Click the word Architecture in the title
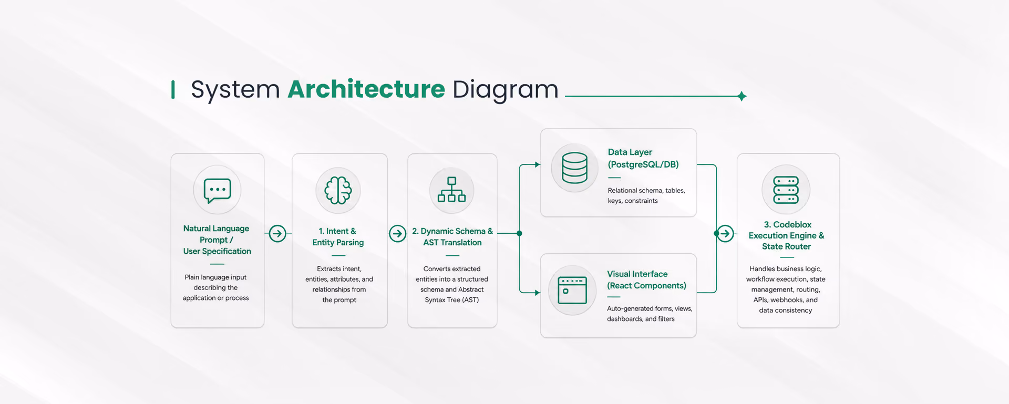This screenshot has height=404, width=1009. (366, 89)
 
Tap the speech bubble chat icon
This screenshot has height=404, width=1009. (217, 190)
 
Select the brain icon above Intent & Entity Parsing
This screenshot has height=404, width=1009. (338, 190)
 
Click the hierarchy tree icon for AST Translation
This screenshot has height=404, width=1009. (451, 190)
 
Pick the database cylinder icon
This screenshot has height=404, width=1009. (574, 168)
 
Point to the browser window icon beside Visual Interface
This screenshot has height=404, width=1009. (572, 290)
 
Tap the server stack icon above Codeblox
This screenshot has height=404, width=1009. (786, 190)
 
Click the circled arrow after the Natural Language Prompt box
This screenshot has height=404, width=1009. (277, 233)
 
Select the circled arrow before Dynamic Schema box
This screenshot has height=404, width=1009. (398, 233)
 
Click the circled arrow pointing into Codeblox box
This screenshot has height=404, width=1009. (726, 233)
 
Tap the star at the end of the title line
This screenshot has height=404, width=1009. (742, 96)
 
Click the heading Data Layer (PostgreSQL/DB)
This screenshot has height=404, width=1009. (643, 158)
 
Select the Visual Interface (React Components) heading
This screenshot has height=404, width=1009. (646, 279)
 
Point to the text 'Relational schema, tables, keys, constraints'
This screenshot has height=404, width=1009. (646, 195)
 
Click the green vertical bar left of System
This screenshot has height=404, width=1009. (173, 89)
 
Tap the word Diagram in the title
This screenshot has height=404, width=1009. (505, 89)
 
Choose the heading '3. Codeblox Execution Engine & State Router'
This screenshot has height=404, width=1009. (786, 235)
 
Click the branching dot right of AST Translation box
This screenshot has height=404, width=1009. (519, 233)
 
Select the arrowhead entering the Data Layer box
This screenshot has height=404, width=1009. (538, 164)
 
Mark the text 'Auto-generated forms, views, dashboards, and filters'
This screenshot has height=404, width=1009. (650, 314)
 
